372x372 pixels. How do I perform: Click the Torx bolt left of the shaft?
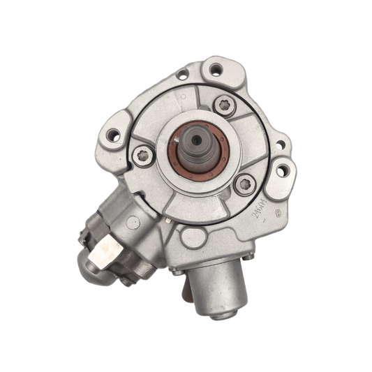pyautogui.click(x=143, y=156)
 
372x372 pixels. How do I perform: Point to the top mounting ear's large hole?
pyautogui.click(x=216, y=69)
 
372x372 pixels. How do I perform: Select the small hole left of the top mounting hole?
pyautogui.click(x=182, y=74)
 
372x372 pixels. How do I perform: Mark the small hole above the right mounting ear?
pyautogui.click(x=281, y=145)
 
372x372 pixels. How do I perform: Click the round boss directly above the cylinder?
pyautogui.click(x=193, y=238)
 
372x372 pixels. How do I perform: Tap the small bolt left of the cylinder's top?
pyautogui.click(x=179, y=267)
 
